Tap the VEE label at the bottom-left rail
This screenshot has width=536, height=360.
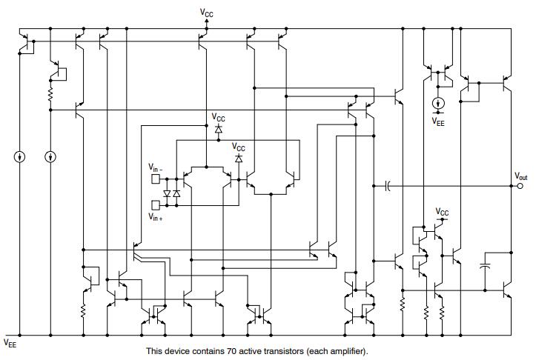10,343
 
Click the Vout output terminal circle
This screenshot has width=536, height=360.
520,186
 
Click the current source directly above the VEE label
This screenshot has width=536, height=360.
438,103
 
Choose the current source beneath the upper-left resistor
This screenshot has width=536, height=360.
50,157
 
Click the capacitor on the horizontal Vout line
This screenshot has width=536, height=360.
388,186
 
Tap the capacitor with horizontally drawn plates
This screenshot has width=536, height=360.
486,264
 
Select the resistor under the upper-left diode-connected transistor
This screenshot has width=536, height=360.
50,95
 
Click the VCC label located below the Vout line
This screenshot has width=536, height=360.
442,213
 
